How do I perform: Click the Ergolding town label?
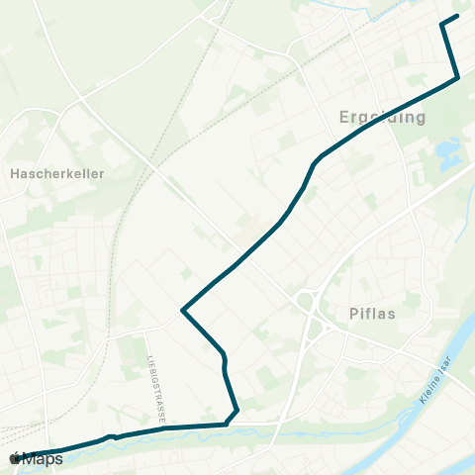point(382,118)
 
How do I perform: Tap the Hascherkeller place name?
point(56,173)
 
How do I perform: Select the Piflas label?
point(372,314)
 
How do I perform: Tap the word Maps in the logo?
point(43,459)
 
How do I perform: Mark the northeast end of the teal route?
point(457,16)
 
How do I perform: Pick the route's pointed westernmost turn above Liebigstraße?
point(183,311)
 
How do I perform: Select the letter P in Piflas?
point(354,314)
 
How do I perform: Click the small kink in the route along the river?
point(113,435)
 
